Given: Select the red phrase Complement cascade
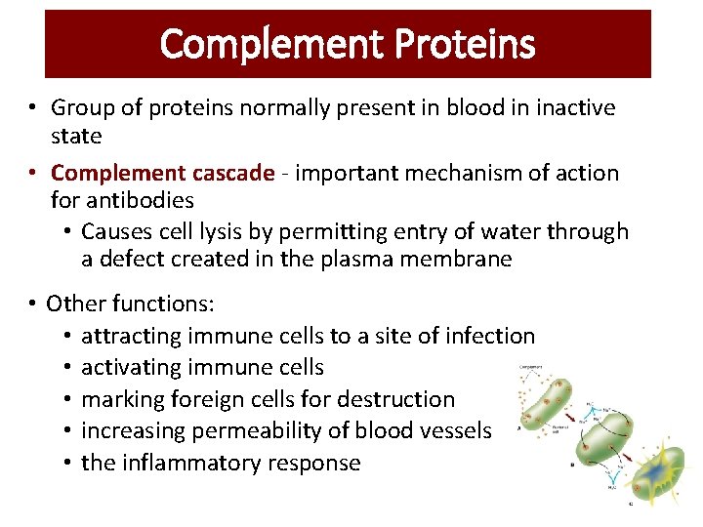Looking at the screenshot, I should coord(162,174).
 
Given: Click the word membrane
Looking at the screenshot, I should coord(462,260).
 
